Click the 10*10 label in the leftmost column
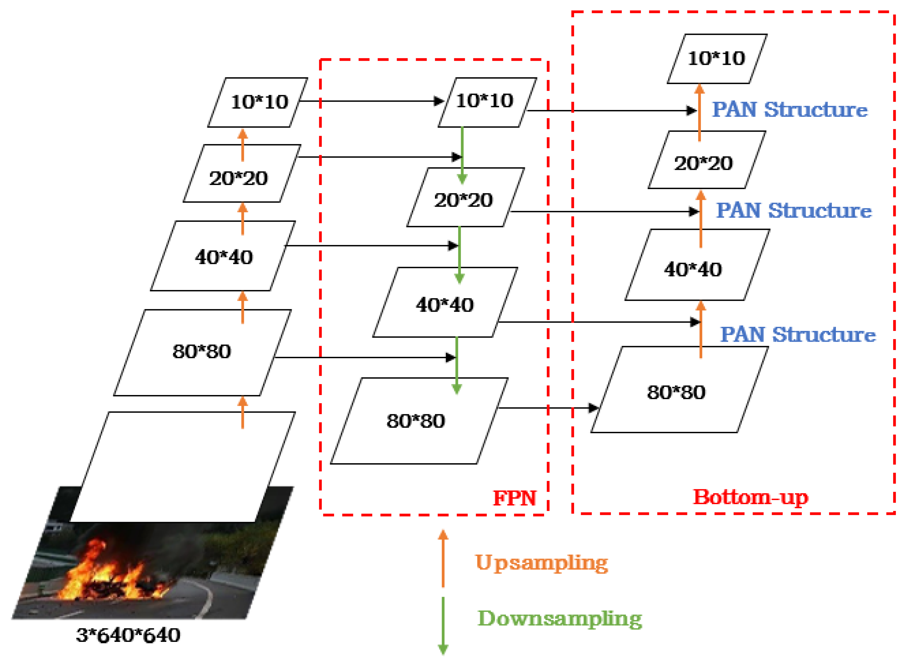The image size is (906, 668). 259,102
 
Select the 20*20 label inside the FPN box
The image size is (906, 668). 464,200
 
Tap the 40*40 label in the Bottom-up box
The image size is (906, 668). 693,269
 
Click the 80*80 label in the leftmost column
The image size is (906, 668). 202,351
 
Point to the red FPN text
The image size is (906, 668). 514,498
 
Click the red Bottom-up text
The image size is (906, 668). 751,497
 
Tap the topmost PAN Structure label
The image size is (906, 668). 789,110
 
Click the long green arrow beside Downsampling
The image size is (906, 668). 443,625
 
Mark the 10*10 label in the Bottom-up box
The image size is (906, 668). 716,58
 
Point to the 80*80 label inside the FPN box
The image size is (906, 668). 416,421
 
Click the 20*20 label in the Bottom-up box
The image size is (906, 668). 703,163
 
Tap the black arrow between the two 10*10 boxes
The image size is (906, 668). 372,101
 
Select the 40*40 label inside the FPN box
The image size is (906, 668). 445,305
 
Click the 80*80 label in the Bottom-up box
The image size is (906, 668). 676,392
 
